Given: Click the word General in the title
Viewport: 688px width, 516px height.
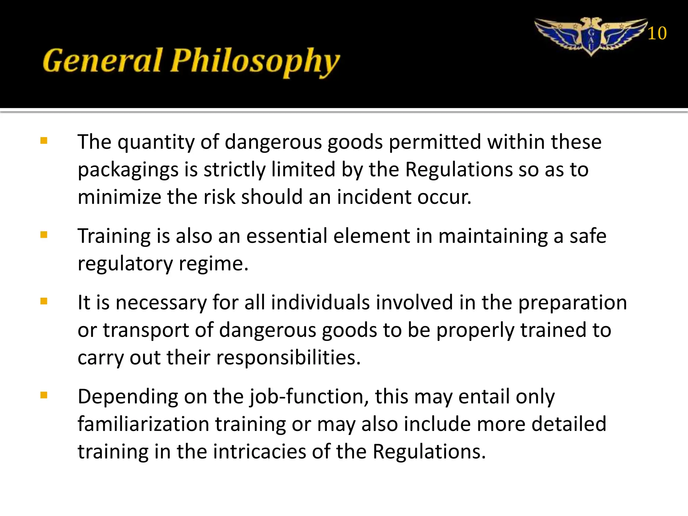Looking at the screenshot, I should pyautogui.click(x=102, y=61).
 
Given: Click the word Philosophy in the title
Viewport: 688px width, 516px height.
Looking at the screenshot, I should pyautogui.click(x=255, y=62).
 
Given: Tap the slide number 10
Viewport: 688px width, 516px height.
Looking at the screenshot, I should pyautogui.click(x=657, y=34).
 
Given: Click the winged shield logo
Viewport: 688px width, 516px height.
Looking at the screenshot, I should pyautogui.click(x=591, y=37).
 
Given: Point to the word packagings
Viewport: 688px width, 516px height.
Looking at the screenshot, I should pyautogui.click(x=128, y=170).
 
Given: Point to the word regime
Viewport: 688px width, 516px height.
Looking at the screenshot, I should pyautogui.click(x=213, y=264).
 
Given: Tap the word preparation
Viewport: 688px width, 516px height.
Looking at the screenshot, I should pyautogui.click(x=572, y=303).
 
